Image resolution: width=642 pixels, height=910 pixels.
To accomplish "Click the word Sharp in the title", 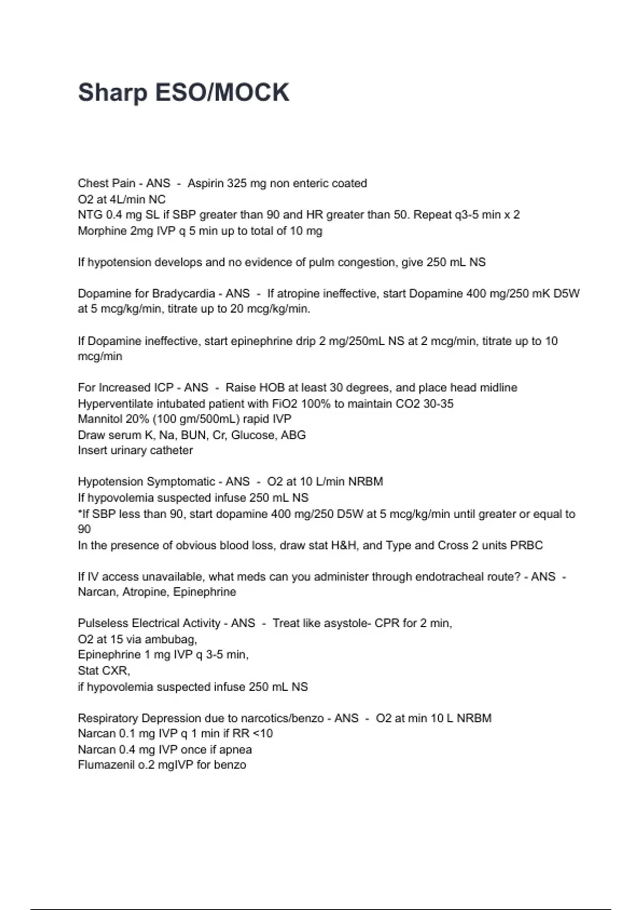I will click(x=112, y=93).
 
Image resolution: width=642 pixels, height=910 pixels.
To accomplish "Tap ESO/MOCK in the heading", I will click(x=222, y=93).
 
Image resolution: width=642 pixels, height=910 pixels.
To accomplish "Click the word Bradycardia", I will click(x=184, y=293).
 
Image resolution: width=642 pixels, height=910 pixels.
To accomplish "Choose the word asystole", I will click(x=348, y=623).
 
